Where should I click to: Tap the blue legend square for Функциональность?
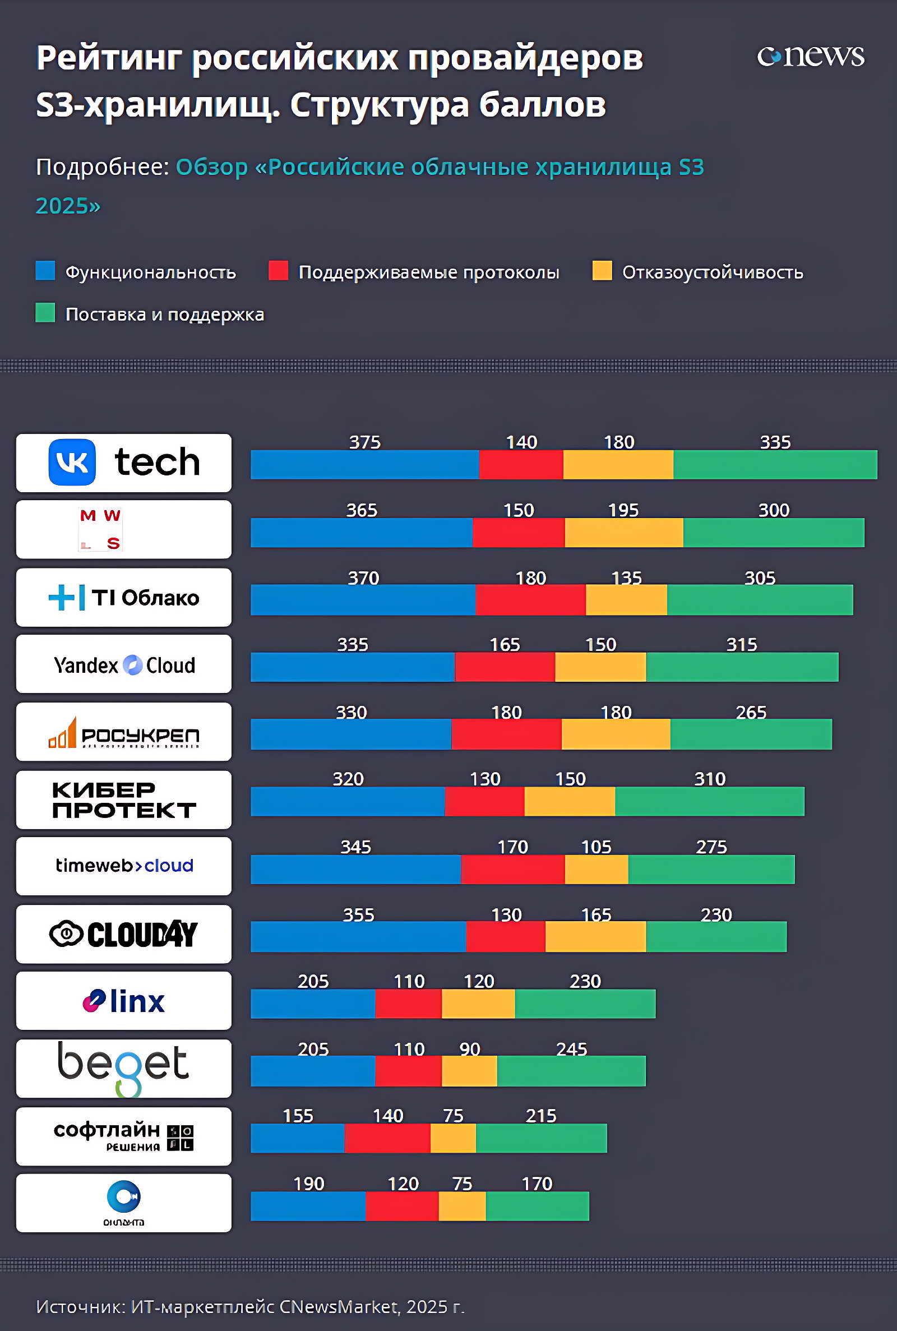tap(45, 271)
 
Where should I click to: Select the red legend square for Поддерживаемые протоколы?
tap(278, 271)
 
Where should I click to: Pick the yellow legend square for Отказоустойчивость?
tap(602, 271)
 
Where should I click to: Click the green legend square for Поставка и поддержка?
tap(45, 313)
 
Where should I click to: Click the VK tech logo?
tap(123, 462)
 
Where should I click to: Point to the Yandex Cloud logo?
tap(123, 664)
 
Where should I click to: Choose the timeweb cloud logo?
tap(123, 866)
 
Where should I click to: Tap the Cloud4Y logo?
tap(123, 933)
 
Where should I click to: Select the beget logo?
tap(123, 1067)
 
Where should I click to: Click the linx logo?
tap(123, 1000)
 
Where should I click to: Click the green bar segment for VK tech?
tap(775, 464)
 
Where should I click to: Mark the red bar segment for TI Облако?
tap(530, 599)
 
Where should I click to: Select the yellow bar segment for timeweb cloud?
tap(596, 869)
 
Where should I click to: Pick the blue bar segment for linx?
tap(312, 1003)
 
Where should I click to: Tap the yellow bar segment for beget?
tap(469, 1071)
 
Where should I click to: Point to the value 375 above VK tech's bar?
tap(365, 442)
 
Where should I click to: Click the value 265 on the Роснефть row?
tap(751, 712)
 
